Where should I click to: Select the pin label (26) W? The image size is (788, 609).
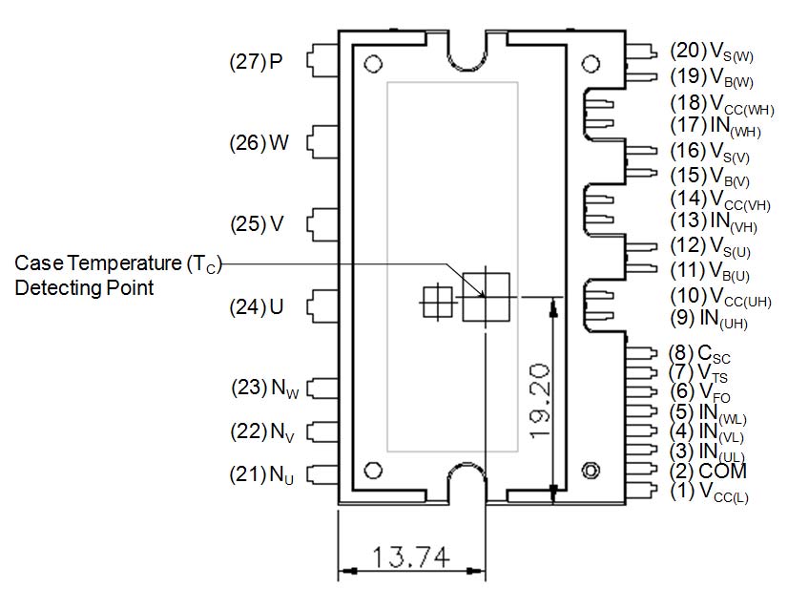point(259,143)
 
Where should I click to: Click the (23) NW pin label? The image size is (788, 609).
point(264,388)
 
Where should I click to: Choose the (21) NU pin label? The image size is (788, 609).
point(264,472)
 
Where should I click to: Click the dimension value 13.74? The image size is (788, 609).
point(413,556)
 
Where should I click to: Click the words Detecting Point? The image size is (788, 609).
point(84,287)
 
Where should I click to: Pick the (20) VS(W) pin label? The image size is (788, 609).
point(711,52)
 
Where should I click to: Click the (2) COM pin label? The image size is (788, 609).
point(707,472)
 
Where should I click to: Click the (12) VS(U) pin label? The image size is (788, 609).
point(711,246)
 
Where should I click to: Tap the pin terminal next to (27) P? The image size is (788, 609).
point(317,62)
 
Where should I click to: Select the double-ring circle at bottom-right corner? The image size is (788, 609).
point(591,471)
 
